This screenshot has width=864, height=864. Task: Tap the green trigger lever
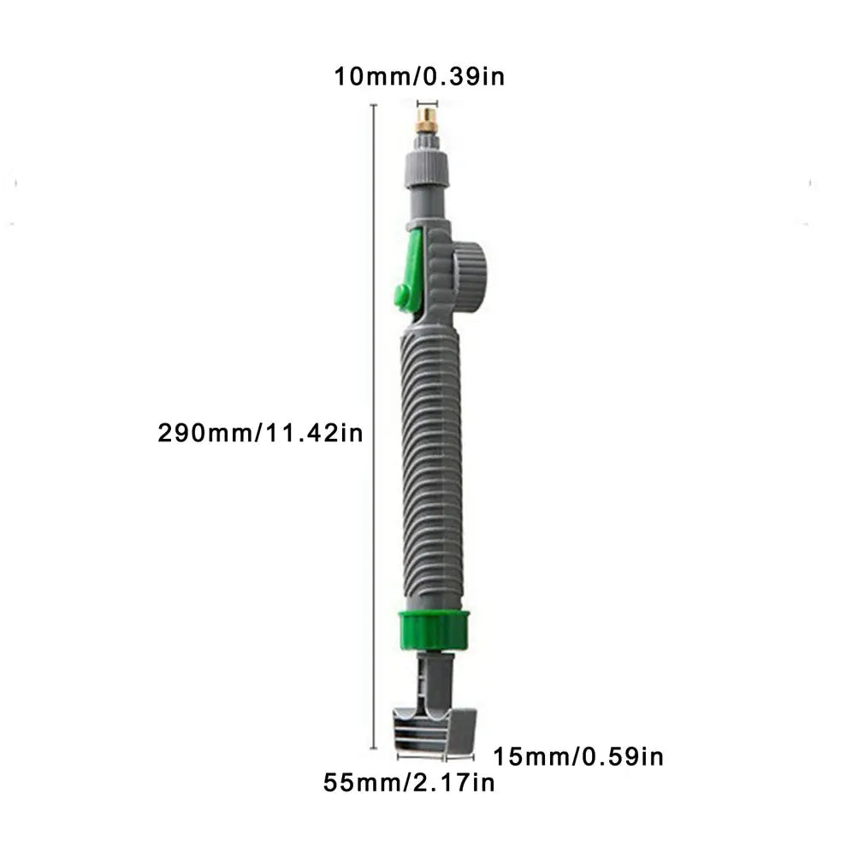410,269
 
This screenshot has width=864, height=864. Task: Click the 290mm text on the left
202,433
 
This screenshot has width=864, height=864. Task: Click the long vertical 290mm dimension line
374,428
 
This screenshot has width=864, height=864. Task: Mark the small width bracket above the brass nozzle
425,102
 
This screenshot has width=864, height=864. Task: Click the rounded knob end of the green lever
401,296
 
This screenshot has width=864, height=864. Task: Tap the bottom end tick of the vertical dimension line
374,749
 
